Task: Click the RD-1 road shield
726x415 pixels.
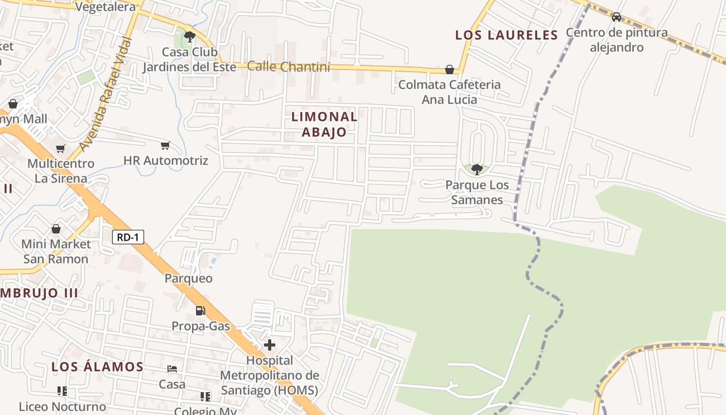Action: (x=128, y=237)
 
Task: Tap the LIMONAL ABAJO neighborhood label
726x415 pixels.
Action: (x=324, y=124)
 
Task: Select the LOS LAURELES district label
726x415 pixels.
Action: (x=506, y=35)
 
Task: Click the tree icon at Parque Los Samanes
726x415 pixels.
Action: (x=477, y=169)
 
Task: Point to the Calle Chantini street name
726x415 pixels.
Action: (x=288, y=66)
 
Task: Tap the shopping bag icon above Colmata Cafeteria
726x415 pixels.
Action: (x=450, y=70)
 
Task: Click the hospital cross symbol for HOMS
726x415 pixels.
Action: (x=270, y=344)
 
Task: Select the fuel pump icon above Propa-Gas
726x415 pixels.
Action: (x=200, y=310)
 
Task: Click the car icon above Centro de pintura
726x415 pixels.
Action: (x=616, y=17)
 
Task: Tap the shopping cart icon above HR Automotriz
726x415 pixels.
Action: (x=165, y=146)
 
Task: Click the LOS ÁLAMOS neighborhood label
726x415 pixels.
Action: (x=97, y=367)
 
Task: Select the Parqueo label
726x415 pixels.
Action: (x=188, y=278)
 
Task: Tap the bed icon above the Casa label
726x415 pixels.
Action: (x=172, y=369)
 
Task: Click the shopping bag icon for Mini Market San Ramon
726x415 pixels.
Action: (x=55, y=229)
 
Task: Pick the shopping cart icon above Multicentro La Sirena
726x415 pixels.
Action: (x=61, y=149)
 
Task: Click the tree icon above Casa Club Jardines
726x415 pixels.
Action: (x=189, y=36)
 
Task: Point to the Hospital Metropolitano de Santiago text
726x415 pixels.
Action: (x=269, y=375)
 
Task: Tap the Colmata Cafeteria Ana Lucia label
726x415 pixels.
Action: (x=449, y=92)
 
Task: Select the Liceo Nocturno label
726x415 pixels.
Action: (x=62, y=406)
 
